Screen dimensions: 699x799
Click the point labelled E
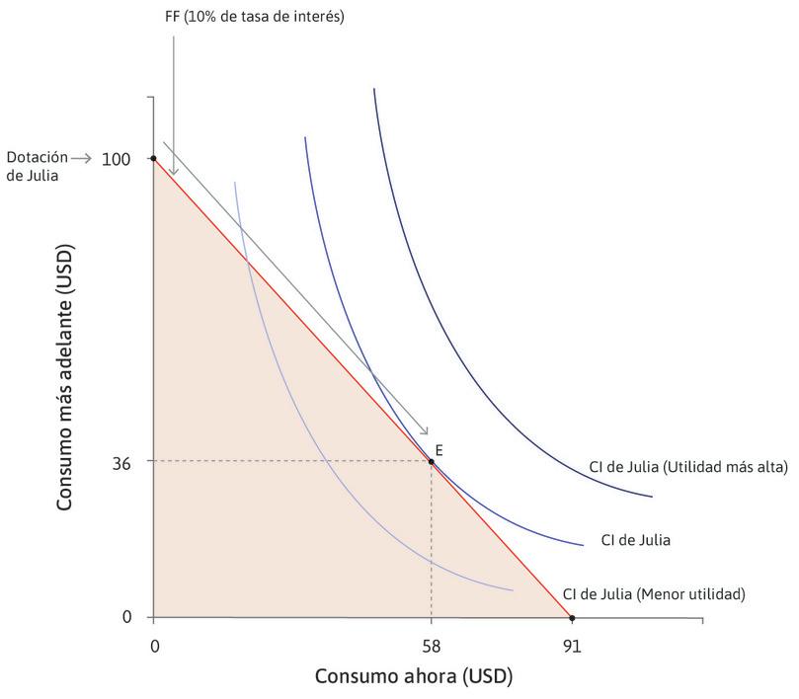point(431,461)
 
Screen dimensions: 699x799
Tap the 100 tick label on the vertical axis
point(117,159)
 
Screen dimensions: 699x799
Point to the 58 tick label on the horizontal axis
point(431,647)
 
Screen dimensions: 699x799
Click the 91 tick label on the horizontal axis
point(572,647)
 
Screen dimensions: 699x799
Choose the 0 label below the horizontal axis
point(154,647)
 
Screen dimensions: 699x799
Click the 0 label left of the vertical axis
point(126,618)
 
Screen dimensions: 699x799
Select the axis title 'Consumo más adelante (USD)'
point(65,378)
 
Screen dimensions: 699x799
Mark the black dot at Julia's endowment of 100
point(154,159)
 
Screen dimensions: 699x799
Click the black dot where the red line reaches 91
point(572,618)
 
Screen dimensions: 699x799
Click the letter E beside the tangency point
point(439,449)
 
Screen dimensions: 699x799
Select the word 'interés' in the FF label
point(318,18)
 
